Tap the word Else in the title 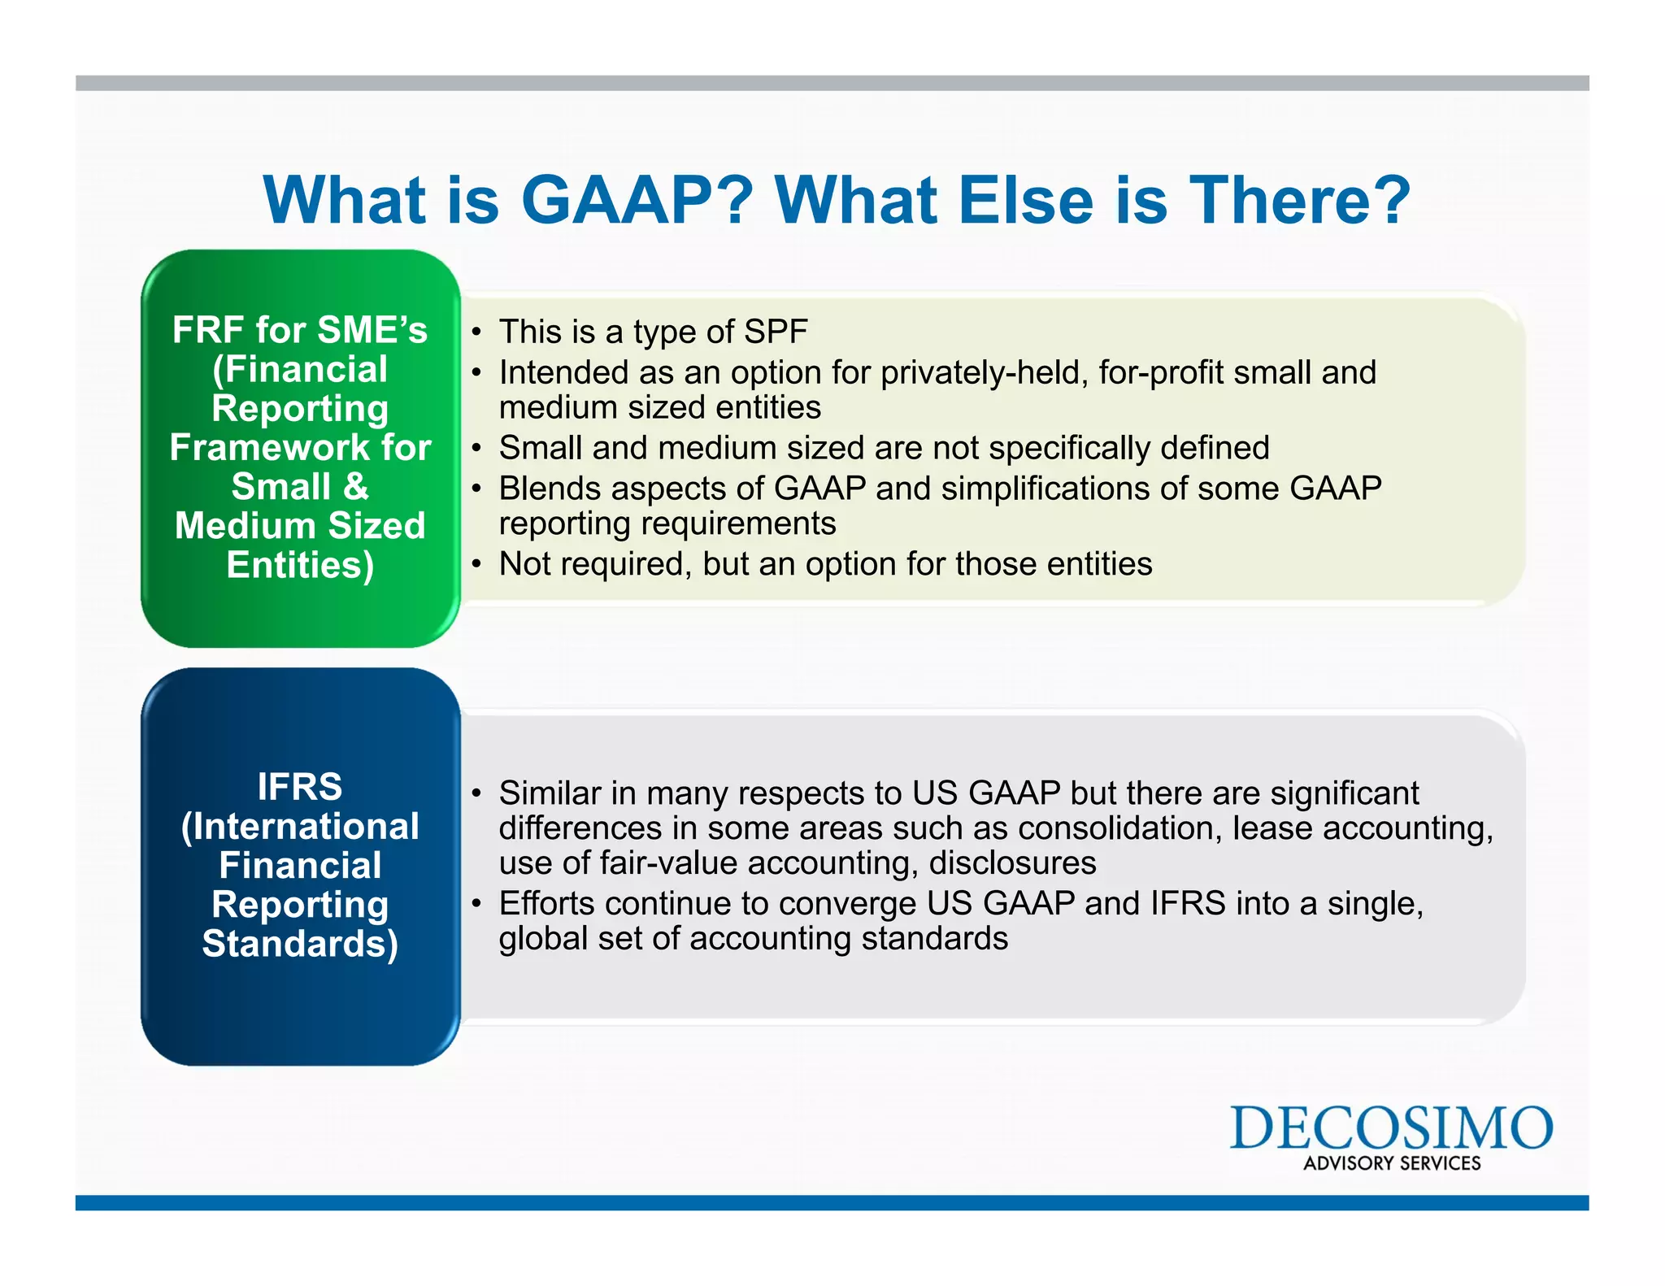click(1025, 200)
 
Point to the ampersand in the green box click(356, 487)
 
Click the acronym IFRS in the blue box click(300, 787)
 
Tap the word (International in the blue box click(300, 827)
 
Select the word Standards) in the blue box click(300, 944)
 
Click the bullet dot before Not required click(477, 564)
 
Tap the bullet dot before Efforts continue click(477, 904)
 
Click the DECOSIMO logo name click(1391, 1127)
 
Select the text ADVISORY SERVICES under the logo click(1392, 1163)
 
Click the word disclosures click(1012, 863)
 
